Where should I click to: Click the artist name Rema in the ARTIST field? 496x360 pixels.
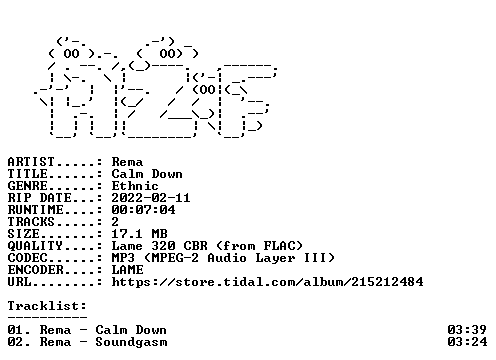pos(127,162)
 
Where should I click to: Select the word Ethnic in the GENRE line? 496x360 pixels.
pos(135,186)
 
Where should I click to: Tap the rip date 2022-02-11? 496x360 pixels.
pos(151,198)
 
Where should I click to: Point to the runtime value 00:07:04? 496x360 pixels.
pos(143,210)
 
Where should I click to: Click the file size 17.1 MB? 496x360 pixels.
pos(139,234)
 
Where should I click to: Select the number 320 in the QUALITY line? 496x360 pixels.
pos(163,246)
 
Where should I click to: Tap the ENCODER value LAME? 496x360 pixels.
pos(127,270)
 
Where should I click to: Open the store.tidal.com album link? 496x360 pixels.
pos(267,282)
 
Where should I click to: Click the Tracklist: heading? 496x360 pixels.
pos(47,306)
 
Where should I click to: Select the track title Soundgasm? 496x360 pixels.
pos(131,342)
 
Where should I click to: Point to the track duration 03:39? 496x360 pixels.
pos(467,330)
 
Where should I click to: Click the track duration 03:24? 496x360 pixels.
pos(467,342)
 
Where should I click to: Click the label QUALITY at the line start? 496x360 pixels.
pos(35,246)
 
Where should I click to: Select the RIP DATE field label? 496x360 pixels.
pos(39,198)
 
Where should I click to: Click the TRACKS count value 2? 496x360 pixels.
pos(115,222)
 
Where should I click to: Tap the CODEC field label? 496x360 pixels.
pos(27,258)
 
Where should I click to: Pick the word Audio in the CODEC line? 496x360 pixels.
pos(227,258)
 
